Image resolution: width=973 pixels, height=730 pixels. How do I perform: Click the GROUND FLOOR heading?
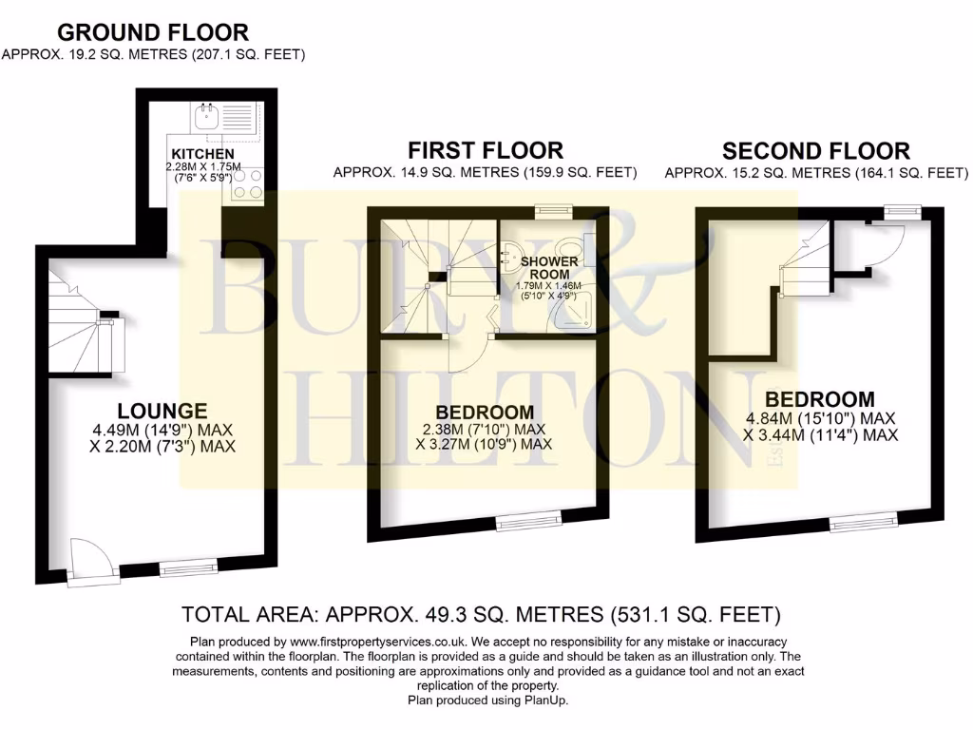point(153,33)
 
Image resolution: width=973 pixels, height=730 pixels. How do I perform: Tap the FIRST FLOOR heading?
point(485,150)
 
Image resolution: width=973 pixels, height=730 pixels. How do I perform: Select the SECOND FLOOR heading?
point(815,150)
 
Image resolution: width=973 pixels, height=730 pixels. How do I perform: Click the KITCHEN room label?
point(202,154)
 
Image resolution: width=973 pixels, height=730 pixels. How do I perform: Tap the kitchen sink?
point(206,119)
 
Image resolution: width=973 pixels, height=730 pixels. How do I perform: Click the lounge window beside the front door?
point(176,569)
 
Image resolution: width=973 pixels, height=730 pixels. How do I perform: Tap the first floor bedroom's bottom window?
point(523,521)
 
